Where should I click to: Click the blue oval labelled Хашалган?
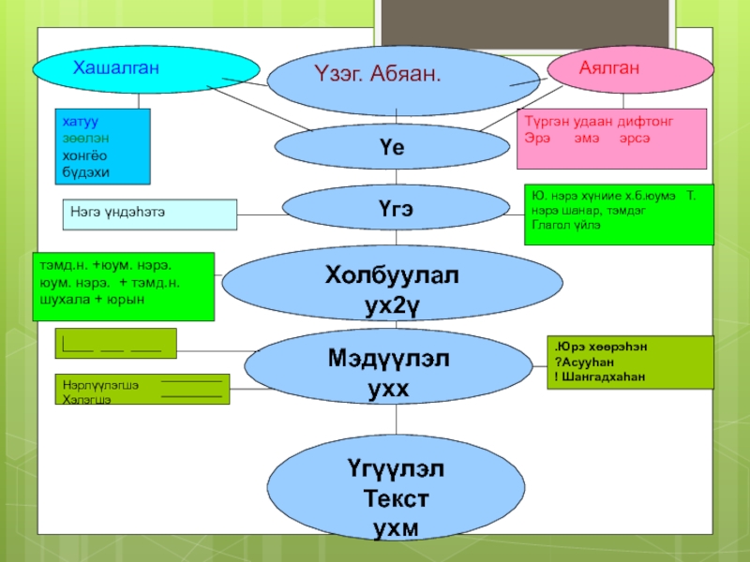[146, 68]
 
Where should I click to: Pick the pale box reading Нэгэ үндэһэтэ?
[150, 214]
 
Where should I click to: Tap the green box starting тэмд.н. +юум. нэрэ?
[124, 287]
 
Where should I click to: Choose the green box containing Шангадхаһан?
[629, 362]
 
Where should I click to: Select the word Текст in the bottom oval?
[395, 496]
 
